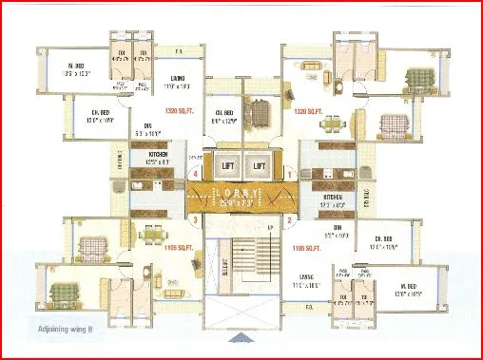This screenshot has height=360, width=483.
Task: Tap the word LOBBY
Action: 241,193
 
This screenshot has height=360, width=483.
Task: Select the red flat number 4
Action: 195,174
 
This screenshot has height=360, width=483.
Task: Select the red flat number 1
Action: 289,174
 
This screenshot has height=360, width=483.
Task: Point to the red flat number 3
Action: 195,221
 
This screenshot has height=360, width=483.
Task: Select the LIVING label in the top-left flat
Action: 178,79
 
